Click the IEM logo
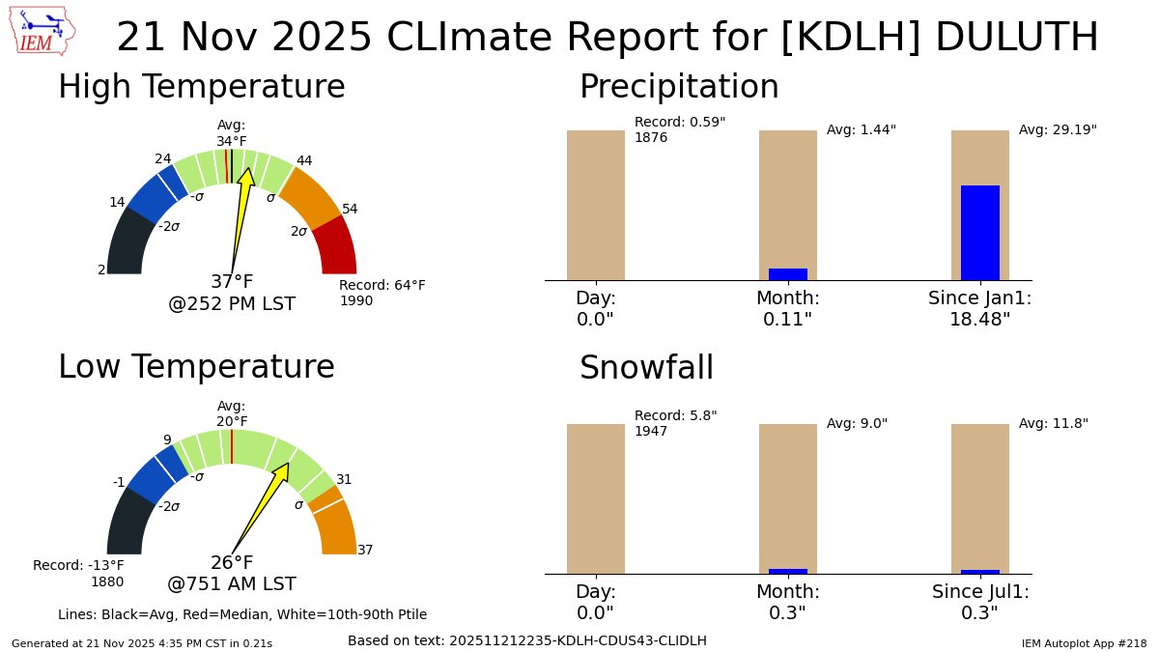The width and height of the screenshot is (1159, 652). (x=44, y=32)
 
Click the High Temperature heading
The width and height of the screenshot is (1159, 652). (x=201, y=87)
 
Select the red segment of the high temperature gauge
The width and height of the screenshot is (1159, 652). (x=336, y=245)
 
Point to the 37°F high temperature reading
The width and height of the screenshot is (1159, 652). (x=232, y=282)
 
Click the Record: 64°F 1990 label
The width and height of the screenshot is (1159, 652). (x=382, y=293)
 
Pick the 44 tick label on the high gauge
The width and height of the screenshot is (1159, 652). (x=304, y=160)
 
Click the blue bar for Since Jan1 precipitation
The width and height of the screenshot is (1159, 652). (x=979, y=233)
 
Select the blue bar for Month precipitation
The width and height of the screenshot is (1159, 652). (x=787, y=274)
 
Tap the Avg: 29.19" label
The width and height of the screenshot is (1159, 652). (x=1058, y=129)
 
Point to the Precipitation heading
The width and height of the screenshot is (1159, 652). (x=678, y=87)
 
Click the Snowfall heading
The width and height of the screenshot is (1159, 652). (x=646, y=368)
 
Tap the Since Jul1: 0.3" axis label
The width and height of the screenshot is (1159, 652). (x=980, y=602)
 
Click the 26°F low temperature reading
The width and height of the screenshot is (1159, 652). (x=232, y=563)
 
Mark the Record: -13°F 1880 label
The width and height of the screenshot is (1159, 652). (x=79, y=573)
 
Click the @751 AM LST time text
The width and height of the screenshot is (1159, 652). (x=232, y=584)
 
